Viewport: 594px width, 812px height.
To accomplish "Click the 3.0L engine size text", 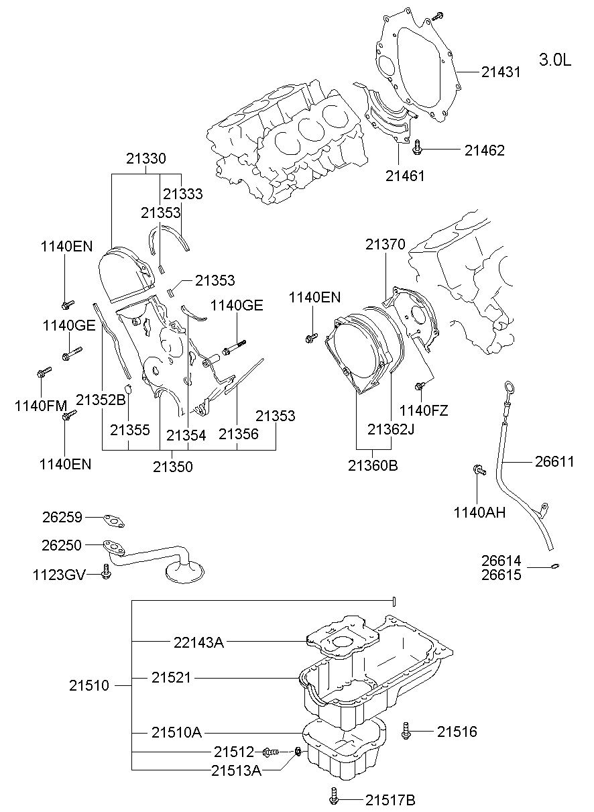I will coord(554,60).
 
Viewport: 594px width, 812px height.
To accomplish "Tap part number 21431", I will coord(501,72).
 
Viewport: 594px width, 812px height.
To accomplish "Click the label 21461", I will coord(405,176).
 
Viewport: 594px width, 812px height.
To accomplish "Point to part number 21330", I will coord(145,159).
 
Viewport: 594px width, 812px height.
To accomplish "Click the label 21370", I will coord(385,245).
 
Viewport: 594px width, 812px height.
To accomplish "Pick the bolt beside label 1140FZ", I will coord(420,386).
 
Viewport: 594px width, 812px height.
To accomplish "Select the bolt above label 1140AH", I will coord(479,470).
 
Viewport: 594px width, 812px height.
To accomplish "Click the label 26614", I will coord(501,561).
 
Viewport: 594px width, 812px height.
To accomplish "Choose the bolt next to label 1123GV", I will coord(105,572).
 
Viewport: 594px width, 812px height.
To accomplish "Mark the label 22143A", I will coord(198,642).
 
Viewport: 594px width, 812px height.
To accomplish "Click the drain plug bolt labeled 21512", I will coord(270,752).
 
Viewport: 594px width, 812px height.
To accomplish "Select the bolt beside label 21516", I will coord(407,731).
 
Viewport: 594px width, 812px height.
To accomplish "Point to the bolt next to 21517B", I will coord(335,797).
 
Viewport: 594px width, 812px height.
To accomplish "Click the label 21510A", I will coord(176,732).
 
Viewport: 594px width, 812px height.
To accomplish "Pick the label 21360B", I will coord(373,465).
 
